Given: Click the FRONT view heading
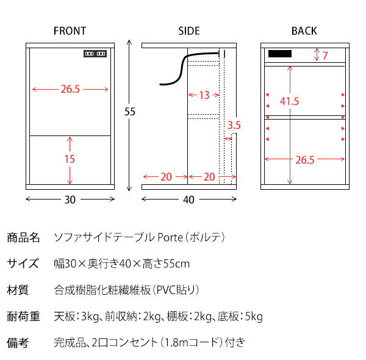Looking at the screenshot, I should click(70, 31).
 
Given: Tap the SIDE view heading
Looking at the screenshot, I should click(189, 31).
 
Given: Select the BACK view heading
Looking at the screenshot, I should click(304, 31).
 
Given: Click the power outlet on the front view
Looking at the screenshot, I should click(95, 54).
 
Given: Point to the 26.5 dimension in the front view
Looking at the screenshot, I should click(70, 90).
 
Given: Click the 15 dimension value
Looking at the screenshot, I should click(70, 159).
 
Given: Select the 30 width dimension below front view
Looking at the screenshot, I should click(70, 200).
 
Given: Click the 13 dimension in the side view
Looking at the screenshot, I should click(204, 95).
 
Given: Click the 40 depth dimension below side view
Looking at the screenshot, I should click(188, 200).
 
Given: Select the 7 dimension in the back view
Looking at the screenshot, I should click(325, 56).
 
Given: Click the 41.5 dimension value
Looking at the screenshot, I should click(289, 101).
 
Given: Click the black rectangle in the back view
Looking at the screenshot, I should click(279, 54).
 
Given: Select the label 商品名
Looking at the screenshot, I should click(23, 237).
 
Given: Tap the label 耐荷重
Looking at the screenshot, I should click(23, 316).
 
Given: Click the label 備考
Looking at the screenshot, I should click(18, 342).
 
